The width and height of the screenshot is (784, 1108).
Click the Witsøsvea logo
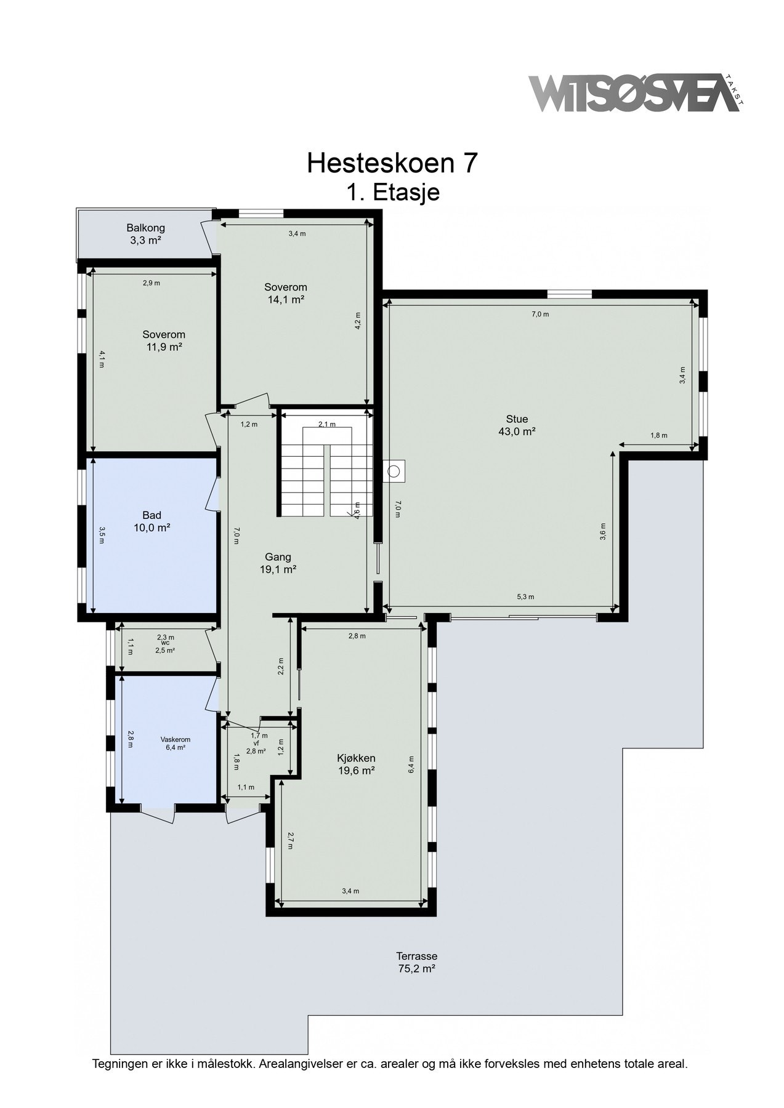637,93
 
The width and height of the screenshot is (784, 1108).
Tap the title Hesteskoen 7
392,163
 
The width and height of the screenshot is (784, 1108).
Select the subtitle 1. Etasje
392,192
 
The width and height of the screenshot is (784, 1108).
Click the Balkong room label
145,234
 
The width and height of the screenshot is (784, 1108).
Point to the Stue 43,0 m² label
516,425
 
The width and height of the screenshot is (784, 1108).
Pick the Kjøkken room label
356,764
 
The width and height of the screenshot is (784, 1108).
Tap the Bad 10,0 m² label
152,521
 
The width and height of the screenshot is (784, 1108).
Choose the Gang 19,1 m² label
278,563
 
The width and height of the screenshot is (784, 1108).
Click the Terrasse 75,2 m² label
416,962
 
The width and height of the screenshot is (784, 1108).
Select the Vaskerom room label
176,743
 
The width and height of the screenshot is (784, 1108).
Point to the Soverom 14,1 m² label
285,293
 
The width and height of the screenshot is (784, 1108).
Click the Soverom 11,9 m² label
163,340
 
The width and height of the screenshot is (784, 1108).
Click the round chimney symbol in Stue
394,472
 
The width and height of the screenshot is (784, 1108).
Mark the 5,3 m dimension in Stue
525,596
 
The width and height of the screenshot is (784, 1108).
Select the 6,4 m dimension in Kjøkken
411,765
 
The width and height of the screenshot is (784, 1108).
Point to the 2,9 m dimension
152,283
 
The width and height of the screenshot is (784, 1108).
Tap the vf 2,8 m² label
256,747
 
